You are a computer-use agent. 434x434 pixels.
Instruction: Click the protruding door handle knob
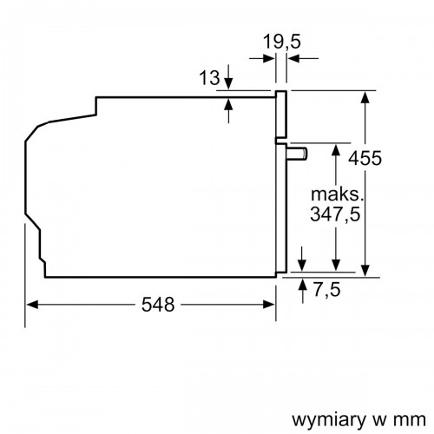click(x=299, y=154)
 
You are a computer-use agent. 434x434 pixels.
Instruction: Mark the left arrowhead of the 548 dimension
click(x=33, y=305)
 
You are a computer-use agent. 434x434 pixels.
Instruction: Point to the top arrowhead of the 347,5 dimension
click(x=335, y=148)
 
